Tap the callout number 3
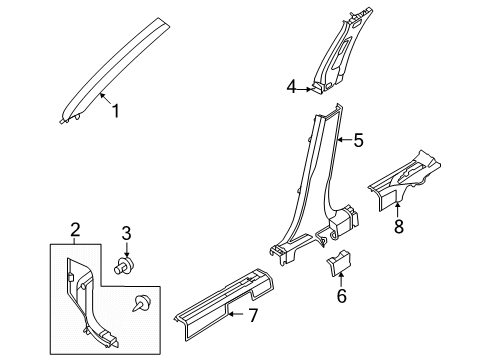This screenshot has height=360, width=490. (127, 234)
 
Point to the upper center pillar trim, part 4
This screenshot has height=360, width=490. (340, 55)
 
